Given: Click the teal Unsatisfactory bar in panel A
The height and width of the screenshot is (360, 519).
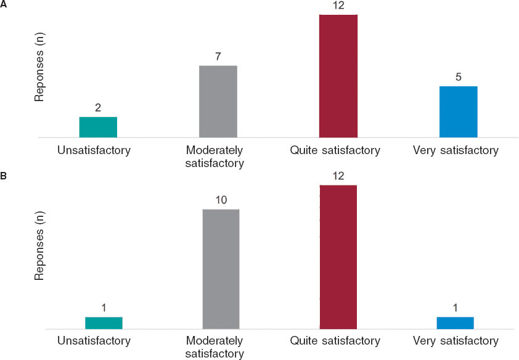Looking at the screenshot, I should pos(98,127).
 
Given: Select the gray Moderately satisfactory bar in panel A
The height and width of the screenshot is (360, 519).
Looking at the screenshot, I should pos(218,101).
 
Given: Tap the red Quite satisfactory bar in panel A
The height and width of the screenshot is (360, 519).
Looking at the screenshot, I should pos(338,75).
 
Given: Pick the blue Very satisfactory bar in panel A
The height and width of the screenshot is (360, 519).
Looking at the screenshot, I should pos(459,112).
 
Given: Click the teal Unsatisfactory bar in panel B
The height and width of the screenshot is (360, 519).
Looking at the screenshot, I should pos(104,323).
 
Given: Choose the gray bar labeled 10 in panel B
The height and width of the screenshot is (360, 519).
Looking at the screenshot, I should pos(221,269).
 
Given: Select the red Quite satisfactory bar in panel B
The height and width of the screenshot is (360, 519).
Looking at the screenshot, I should pos(338,257).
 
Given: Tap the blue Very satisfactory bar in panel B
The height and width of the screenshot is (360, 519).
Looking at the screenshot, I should pos(456,323).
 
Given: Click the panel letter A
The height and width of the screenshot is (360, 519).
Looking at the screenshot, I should pos(4,4).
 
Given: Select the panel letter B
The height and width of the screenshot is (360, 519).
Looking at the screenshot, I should pos(4,176).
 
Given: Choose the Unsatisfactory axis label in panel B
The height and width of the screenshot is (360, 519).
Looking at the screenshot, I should pos(94,341).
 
